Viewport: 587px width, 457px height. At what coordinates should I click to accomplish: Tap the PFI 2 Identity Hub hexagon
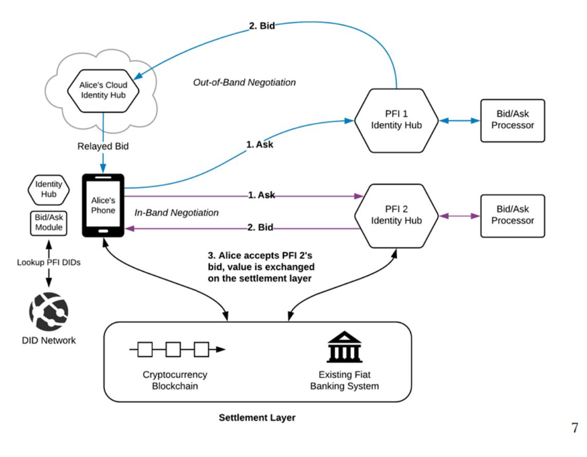point(396,215)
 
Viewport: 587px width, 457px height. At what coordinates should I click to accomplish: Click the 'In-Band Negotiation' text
point(177,212)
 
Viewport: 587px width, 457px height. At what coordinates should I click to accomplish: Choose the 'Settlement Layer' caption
point(258,418)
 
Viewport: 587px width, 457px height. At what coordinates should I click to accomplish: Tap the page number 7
point(574,428)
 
